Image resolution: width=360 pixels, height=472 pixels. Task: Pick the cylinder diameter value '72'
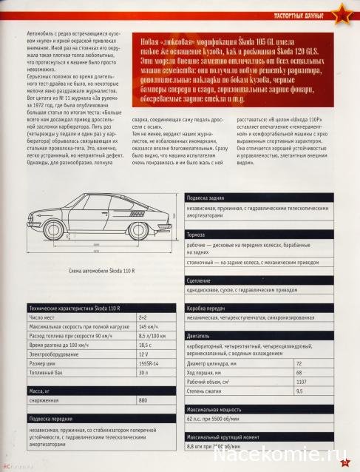tap(299, 363)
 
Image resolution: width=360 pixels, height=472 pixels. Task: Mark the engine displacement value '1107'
tap(302, 381)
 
